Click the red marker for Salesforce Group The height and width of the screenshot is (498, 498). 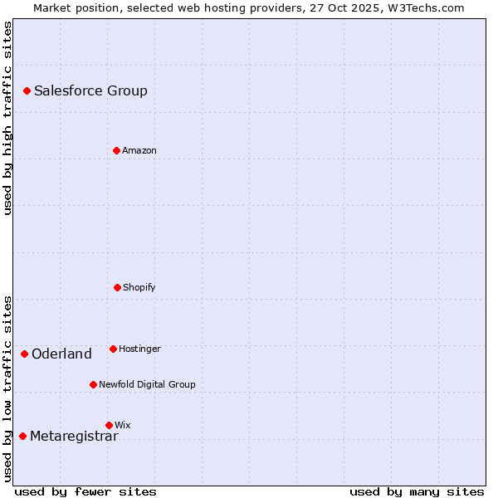point(27,90)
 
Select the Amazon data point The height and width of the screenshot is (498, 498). point(116,150)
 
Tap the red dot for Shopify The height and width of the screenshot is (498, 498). point(117,287)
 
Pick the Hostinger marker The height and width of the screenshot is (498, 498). point(113,349)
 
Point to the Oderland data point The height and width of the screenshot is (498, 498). point(24,354)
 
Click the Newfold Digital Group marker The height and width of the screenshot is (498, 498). point(93,384)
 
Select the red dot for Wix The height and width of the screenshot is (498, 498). point(109,425)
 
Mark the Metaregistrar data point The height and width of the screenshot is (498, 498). point(22,436)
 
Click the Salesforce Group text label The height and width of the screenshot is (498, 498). point(90,91)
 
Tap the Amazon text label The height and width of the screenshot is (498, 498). point(139,151)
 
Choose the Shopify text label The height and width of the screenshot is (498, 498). point(139,288)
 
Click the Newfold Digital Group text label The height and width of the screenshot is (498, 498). point(147,385)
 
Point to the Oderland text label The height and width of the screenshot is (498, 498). point(61,354)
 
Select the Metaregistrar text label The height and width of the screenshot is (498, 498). point(74,437)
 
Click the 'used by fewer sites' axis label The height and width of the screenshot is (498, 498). point(85,491)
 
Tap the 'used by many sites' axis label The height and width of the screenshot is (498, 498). point(417,491)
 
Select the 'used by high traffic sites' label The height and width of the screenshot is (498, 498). point(7,118)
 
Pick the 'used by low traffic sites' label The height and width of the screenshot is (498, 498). point(7,388)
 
